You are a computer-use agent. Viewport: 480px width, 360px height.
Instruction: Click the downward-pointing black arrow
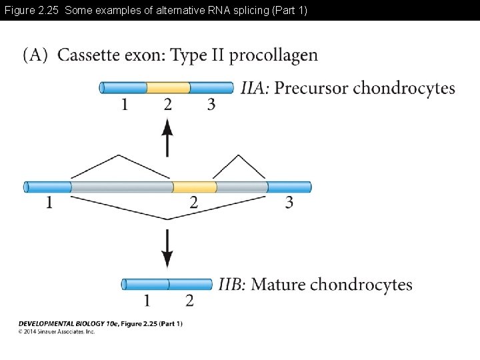pos(167,249)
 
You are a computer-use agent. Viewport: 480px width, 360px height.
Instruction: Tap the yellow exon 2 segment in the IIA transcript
pos(168,87)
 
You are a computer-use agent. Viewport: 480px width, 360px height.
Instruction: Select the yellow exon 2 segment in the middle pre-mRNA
pos(194,187)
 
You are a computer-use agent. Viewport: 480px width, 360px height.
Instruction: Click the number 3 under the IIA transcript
pos(211,105)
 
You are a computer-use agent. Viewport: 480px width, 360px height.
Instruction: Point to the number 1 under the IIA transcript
pos(124,105)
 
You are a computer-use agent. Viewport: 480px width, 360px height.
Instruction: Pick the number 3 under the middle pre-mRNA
pos(289,203)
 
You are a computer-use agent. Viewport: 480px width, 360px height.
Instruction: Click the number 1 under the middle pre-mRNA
pos(49,203)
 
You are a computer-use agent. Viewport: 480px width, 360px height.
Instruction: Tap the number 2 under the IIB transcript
pos(189,301)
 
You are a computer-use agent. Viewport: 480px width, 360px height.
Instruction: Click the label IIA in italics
pos(255,88)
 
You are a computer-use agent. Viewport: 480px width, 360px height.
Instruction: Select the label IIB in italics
pos(232,285)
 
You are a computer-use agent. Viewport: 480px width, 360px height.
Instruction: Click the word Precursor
pos(311,88)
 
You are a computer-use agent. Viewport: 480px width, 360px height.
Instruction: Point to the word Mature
pos(278,285)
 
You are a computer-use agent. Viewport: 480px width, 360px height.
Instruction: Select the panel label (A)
pos(35,55)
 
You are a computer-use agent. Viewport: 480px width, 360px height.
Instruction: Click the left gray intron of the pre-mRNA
pos(121,187)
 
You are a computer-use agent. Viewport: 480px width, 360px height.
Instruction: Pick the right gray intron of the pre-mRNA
pos(241,187)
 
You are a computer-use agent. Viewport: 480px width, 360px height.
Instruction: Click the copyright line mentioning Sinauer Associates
pos(57,331)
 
